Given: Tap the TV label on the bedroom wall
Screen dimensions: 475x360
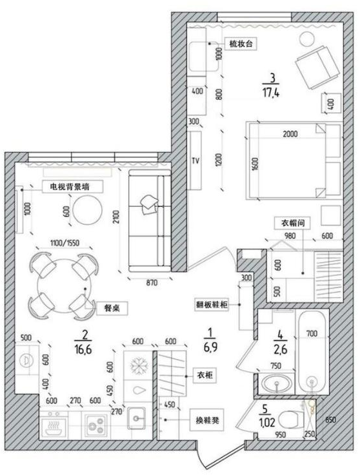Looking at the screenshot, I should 195,160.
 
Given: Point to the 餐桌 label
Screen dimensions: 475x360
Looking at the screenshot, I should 104,308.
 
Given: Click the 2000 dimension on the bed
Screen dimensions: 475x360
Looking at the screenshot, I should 290,134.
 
